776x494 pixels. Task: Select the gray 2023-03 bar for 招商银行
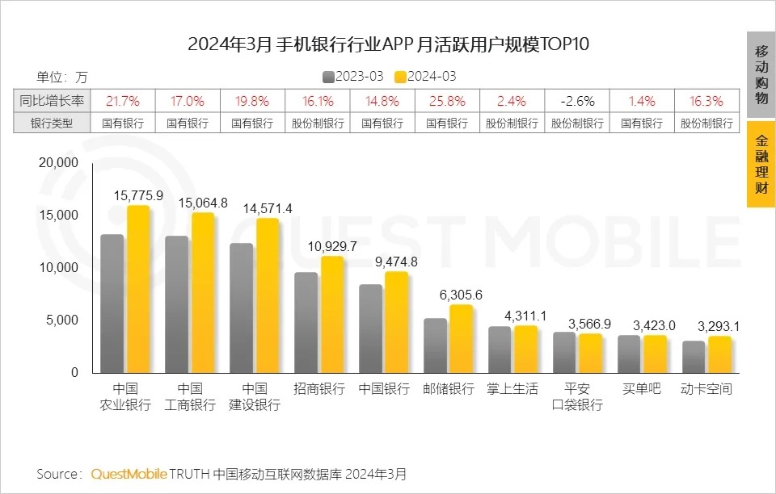[x=306, y=323]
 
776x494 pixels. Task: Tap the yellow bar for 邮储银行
[x=461, y=339]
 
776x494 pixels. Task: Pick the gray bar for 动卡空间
[x=694, y=357]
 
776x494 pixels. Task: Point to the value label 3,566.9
[x=590, y=323]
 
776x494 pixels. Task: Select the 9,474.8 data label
[x=396, y=262]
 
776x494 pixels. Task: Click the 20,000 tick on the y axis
[x=58, y=163]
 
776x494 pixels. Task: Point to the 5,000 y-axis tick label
[x=61, y=320]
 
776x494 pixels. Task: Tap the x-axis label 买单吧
[x=642, y=389]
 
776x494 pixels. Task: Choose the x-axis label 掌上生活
[x=512, y=389]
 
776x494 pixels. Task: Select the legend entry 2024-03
[x=426, y=77]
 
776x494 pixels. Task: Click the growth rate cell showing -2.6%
[x=577, y=101]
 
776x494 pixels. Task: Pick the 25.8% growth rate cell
[x=447, y=101]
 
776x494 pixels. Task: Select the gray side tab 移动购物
[x=761, y=74]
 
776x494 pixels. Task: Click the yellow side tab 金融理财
[x=761, y=165]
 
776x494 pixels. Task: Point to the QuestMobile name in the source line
[x=129, y=473]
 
